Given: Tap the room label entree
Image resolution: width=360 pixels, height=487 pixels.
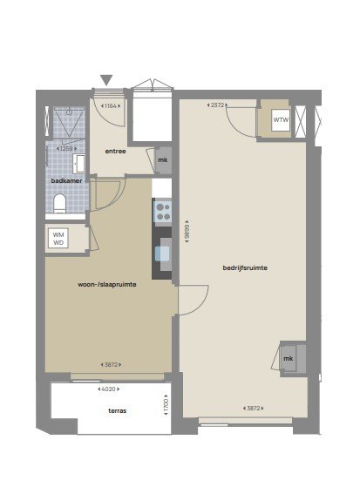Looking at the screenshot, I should pos(115,152).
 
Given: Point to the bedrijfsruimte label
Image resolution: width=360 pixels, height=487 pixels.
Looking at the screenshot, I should pos(244,267).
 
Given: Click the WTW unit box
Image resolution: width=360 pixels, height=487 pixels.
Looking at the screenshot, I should pos(281,120).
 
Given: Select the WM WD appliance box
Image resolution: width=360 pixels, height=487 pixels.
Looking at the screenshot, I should pos(58,239).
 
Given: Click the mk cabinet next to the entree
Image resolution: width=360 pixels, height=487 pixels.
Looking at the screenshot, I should pos(162,160).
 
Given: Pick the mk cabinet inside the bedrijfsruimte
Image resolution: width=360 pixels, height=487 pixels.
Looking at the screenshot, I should pos(288,358).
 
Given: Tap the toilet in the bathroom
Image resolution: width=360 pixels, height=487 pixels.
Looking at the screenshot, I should pos(60,204).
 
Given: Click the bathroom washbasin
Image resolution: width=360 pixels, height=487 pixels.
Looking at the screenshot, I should pos(79,162).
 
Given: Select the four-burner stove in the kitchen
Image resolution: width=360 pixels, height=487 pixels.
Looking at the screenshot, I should pos(162,210).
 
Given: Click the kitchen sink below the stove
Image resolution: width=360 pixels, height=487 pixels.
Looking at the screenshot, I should pos(162,254).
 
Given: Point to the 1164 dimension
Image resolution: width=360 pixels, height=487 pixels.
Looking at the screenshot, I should pos(112,106).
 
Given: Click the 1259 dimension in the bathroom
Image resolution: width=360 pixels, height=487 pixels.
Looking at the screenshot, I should pos(65,148).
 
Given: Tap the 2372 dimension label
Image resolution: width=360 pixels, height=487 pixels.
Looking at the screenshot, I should pos(218,105).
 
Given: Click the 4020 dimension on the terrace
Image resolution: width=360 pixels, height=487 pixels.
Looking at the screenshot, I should pos(117,390).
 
